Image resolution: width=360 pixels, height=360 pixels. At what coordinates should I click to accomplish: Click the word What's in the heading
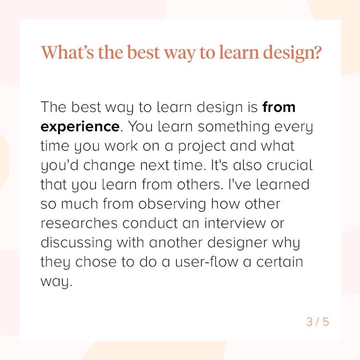pyautogui.click(x=68, y=53)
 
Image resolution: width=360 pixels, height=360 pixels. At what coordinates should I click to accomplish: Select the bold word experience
pyautogui.click(x=80, y=127)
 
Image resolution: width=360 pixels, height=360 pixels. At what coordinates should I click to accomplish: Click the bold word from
pyautogui.click(x=279, y=107)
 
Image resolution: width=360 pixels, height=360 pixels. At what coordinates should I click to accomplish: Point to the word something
pyautogui.click(x=234, y=127)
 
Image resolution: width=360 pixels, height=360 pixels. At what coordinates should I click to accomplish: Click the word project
pyautogui.click(x=202, y=146)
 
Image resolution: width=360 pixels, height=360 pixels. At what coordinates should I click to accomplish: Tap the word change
pyautogui.click(x=109, y=166)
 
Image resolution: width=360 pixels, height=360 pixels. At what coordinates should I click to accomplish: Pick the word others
pyautogui.click(x=198, y=184)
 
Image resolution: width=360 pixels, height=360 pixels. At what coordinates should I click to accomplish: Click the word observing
pyautogui.click(x=172, y=204)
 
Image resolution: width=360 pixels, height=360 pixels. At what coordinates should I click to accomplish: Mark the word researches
pyautogui.click(x=79, y=223)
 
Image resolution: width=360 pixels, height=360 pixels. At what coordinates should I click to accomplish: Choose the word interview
pyautogui.click(x=235, y=223)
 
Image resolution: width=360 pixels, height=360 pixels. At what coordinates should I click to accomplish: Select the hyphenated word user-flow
pyautogui.click(x=207, y=261)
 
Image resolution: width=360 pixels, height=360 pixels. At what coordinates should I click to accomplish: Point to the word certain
pyautogui.click(x=280, y=261)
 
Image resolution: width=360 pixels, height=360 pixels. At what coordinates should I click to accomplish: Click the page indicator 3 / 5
pyautogui.click(x=318, y=322)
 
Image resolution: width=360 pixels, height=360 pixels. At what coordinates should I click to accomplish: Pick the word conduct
pyautogui.click(x=150, y=223)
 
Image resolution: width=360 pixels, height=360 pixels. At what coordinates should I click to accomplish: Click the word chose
pyautogui.click(x=96, y=261)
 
